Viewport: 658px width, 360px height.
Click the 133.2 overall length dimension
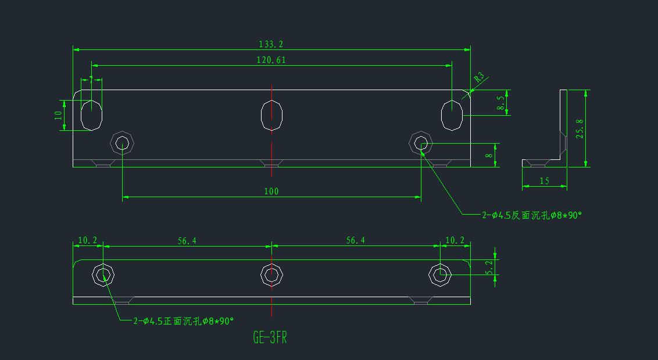(x=271, y=44)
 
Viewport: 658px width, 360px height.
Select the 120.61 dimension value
(x=271, y=60)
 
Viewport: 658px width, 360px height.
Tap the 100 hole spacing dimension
(x=271, y=191)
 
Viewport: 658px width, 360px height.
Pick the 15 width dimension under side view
(x=544, y=181)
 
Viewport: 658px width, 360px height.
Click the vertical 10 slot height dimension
(x=58, y=115)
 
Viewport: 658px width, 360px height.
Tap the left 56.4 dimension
(x=187, y=240)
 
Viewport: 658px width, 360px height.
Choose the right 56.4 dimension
(x=355, y=240)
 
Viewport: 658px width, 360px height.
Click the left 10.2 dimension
(x=87, y=240)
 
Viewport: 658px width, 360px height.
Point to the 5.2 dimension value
(x=489, y=267)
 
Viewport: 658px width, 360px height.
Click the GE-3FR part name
(x=270, y=338)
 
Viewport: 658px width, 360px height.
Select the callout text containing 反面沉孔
(x=531, y=215)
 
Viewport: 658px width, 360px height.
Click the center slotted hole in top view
(x=271, y=115)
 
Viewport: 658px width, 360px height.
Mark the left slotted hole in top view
(x=91, y=115)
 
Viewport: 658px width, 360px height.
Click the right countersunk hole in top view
(x=421, y=142)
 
